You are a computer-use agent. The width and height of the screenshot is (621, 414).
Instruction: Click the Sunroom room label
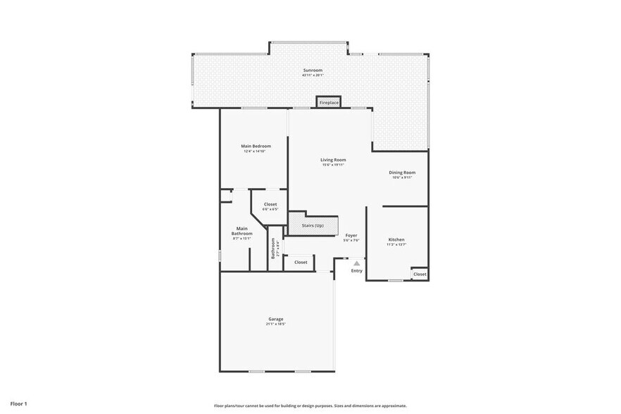point(313,70)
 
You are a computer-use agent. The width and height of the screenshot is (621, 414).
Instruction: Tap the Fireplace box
point(329,103)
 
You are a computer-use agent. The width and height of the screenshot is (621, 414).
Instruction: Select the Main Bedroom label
point(257,146)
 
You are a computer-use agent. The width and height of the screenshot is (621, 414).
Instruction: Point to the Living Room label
point(334,160)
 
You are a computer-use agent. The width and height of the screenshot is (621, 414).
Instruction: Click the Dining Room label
point(402,172)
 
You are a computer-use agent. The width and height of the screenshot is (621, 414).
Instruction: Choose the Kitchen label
point(396,239)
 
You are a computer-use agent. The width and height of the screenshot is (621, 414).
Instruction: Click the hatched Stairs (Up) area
point(313,225)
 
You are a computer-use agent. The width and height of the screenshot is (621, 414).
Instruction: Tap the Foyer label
point(351,235)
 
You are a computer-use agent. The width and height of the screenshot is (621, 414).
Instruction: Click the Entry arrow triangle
point(356,263)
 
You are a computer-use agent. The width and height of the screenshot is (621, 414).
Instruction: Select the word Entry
point(356,270)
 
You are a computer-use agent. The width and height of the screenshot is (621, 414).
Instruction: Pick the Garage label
point(275,319)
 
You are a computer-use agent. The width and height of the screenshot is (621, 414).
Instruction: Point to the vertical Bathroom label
point(273,250)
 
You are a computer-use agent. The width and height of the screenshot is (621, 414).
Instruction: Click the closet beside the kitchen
point(420,274)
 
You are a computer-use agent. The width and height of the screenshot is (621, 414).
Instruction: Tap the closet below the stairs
point(301,262)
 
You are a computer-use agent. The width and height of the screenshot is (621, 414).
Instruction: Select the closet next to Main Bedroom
point(270,204)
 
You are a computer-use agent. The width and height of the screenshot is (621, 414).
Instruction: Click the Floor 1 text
point(19,404)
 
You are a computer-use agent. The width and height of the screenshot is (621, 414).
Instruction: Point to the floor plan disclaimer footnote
point(310,406)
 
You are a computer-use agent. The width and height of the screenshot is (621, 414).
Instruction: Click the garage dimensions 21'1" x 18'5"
point(275,324)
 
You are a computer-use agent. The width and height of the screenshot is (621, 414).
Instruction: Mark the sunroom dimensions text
point(313,75)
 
